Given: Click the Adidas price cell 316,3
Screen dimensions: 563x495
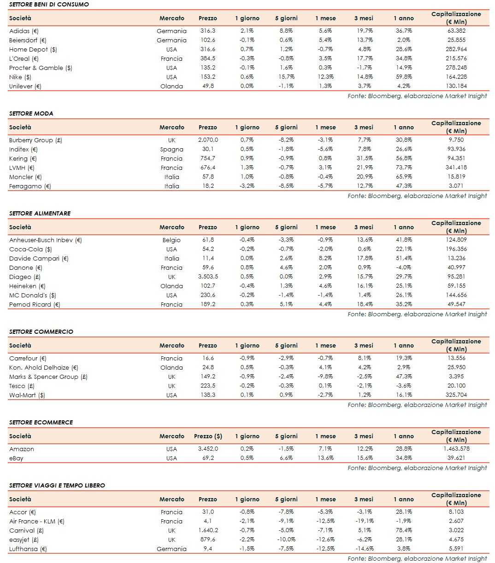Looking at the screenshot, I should tap(207, 31).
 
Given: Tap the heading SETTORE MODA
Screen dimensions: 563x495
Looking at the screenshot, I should tap(31, 113).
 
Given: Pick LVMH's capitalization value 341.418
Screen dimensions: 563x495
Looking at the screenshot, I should tap(456, 168).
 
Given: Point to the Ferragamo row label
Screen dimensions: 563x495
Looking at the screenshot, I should tap(30, 186).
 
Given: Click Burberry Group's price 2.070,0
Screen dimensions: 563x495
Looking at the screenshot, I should tap(208, 140).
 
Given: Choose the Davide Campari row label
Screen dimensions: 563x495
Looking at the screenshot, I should tap(39, 258).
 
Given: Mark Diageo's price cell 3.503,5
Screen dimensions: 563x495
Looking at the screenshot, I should tap(208, 277).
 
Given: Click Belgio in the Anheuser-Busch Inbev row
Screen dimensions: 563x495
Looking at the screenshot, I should tap(171, 240).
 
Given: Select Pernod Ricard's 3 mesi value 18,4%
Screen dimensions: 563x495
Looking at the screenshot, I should tap(364, 304).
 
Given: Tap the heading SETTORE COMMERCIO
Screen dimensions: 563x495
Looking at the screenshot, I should tap(41, 331).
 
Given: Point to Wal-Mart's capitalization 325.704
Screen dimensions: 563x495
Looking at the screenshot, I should tap(456, 395).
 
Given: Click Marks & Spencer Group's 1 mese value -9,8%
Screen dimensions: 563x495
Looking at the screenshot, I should tap(325, 377).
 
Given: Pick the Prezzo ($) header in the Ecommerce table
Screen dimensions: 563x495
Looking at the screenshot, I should tap(208, 436).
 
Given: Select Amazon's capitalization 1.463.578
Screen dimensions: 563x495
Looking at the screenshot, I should tap(456, 449).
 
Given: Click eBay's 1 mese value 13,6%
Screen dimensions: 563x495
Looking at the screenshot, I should tap(325, 458).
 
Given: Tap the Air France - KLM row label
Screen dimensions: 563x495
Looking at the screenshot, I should tap(37, 521).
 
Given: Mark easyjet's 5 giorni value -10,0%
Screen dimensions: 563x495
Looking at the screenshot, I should tap(286, 540).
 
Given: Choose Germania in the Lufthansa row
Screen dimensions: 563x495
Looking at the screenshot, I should tap(171, 549).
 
